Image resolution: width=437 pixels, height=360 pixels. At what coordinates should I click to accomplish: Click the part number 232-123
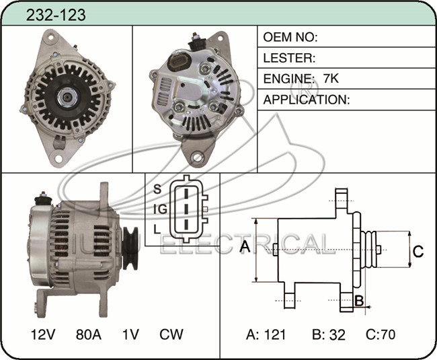pos(56,15)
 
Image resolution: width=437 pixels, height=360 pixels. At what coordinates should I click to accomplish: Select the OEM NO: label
pos(290,37)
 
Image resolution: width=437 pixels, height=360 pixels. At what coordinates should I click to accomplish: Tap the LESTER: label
pos(289,58)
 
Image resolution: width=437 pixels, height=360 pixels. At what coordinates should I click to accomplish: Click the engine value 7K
pos(331,79)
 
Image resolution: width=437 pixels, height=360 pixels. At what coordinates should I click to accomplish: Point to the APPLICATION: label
pos(307,100)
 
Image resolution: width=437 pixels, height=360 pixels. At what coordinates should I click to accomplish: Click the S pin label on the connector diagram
pos(157,189)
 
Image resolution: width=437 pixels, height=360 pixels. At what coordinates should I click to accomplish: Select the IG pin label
pos(160,209)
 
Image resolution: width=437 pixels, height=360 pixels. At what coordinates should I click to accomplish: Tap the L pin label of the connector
pos(157,229)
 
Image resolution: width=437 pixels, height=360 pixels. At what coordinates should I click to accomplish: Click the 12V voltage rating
pos(43,334)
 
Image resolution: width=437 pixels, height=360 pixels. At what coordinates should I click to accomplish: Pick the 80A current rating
pos(88,334)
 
